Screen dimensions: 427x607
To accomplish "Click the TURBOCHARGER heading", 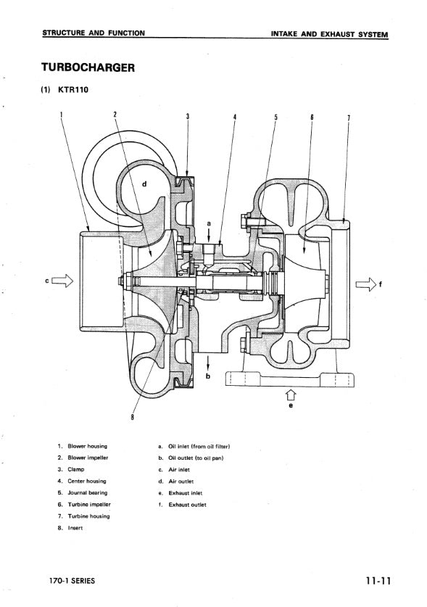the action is coord(88,67).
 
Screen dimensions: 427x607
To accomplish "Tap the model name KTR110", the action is coord(73,90).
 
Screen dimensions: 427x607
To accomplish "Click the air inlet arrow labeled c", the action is coord(62,280).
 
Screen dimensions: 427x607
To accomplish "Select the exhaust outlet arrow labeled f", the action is coord(366,284).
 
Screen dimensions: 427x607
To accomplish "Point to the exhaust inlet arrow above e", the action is coord(291,395).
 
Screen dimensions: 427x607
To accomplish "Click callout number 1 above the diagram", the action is coord(61,115).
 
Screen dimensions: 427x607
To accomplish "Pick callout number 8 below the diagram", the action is coord(133,416).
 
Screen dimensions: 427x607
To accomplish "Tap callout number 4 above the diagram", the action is coord(235,117).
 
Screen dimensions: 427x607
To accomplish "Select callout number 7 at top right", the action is coord(349,117).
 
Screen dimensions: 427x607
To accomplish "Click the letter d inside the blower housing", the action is coord(144,184).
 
